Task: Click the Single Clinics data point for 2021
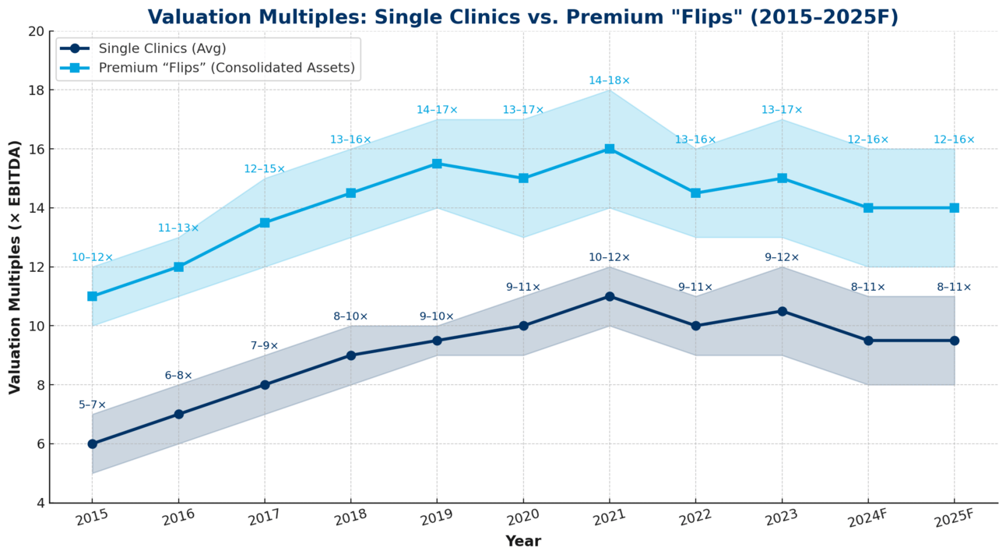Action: pyautogui.click(x=609, y=296)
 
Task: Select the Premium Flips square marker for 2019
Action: pyautogui.click(x=437, y=164)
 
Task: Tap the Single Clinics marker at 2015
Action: pyautogui.click(x=93, y=443)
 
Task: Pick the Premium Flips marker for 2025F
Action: pyautogui.click(x=954, y=208)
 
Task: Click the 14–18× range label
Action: pyautogui.click(x=609, y=80)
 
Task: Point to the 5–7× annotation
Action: pyautogui.click(x=92, y=404)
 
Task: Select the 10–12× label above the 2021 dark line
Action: pyautogui.click(x=609, y=257)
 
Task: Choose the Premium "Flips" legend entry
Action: pyautogui.click(x=227, y=68)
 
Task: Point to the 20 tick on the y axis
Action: pyautogui.click(x=35, y=31)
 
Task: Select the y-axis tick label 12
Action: pyautogui.click(x=35, y=267)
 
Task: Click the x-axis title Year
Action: pyautogui.click(x=522, y=541)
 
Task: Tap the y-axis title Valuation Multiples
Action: pyautogui.click(x=15, y=267)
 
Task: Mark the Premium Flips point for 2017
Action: pyautogui.click(x=265, y=223)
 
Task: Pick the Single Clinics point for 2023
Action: pyautogui.click(x=782, y=311)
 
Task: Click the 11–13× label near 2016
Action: pyautogui.click(x=178, y=228)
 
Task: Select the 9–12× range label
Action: pyautogui.click(x=782, y=257)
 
